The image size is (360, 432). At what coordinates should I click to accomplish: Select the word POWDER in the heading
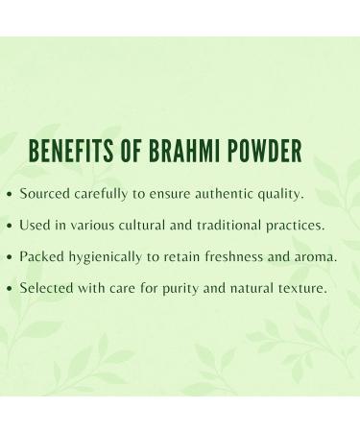(266, 153)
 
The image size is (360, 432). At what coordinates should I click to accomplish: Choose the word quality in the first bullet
(281, 194)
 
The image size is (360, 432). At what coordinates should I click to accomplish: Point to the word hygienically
(112, 257)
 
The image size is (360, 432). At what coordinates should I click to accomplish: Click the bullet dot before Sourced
(10, 194)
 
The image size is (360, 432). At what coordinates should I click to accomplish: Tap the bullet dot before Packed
(10, 257)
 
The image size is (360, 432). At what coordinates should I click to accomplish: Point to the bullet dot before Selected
(10, 289)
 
